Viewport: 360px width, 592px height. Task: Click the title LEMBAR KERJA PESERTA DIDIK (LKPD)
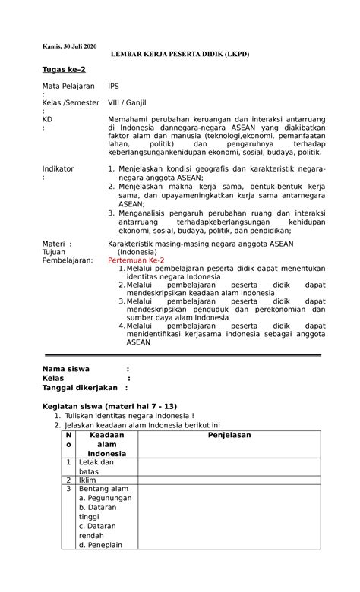(x=180, y=55)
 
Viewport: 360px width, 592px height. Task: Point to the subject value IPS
(x=114, y=87)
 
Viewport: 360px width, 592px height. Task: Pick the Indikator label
(x=58, y=168)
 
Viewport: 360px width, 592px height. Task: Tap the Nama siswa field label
(x=65, y=369)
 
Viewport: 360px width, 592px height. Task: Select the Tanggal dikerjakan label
(x=78, y=387)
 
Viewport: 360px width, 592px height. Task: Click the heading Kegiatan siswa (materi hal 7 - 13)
(x=109, y=406)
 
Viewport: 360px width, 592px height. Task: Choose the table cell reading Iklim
(x=89, y=480)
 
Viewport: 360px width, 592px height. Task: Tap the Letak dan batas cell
(x=96, y=466)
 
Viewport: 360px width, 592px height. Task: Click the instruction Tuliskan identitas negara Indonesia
(x=129, y=416)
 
